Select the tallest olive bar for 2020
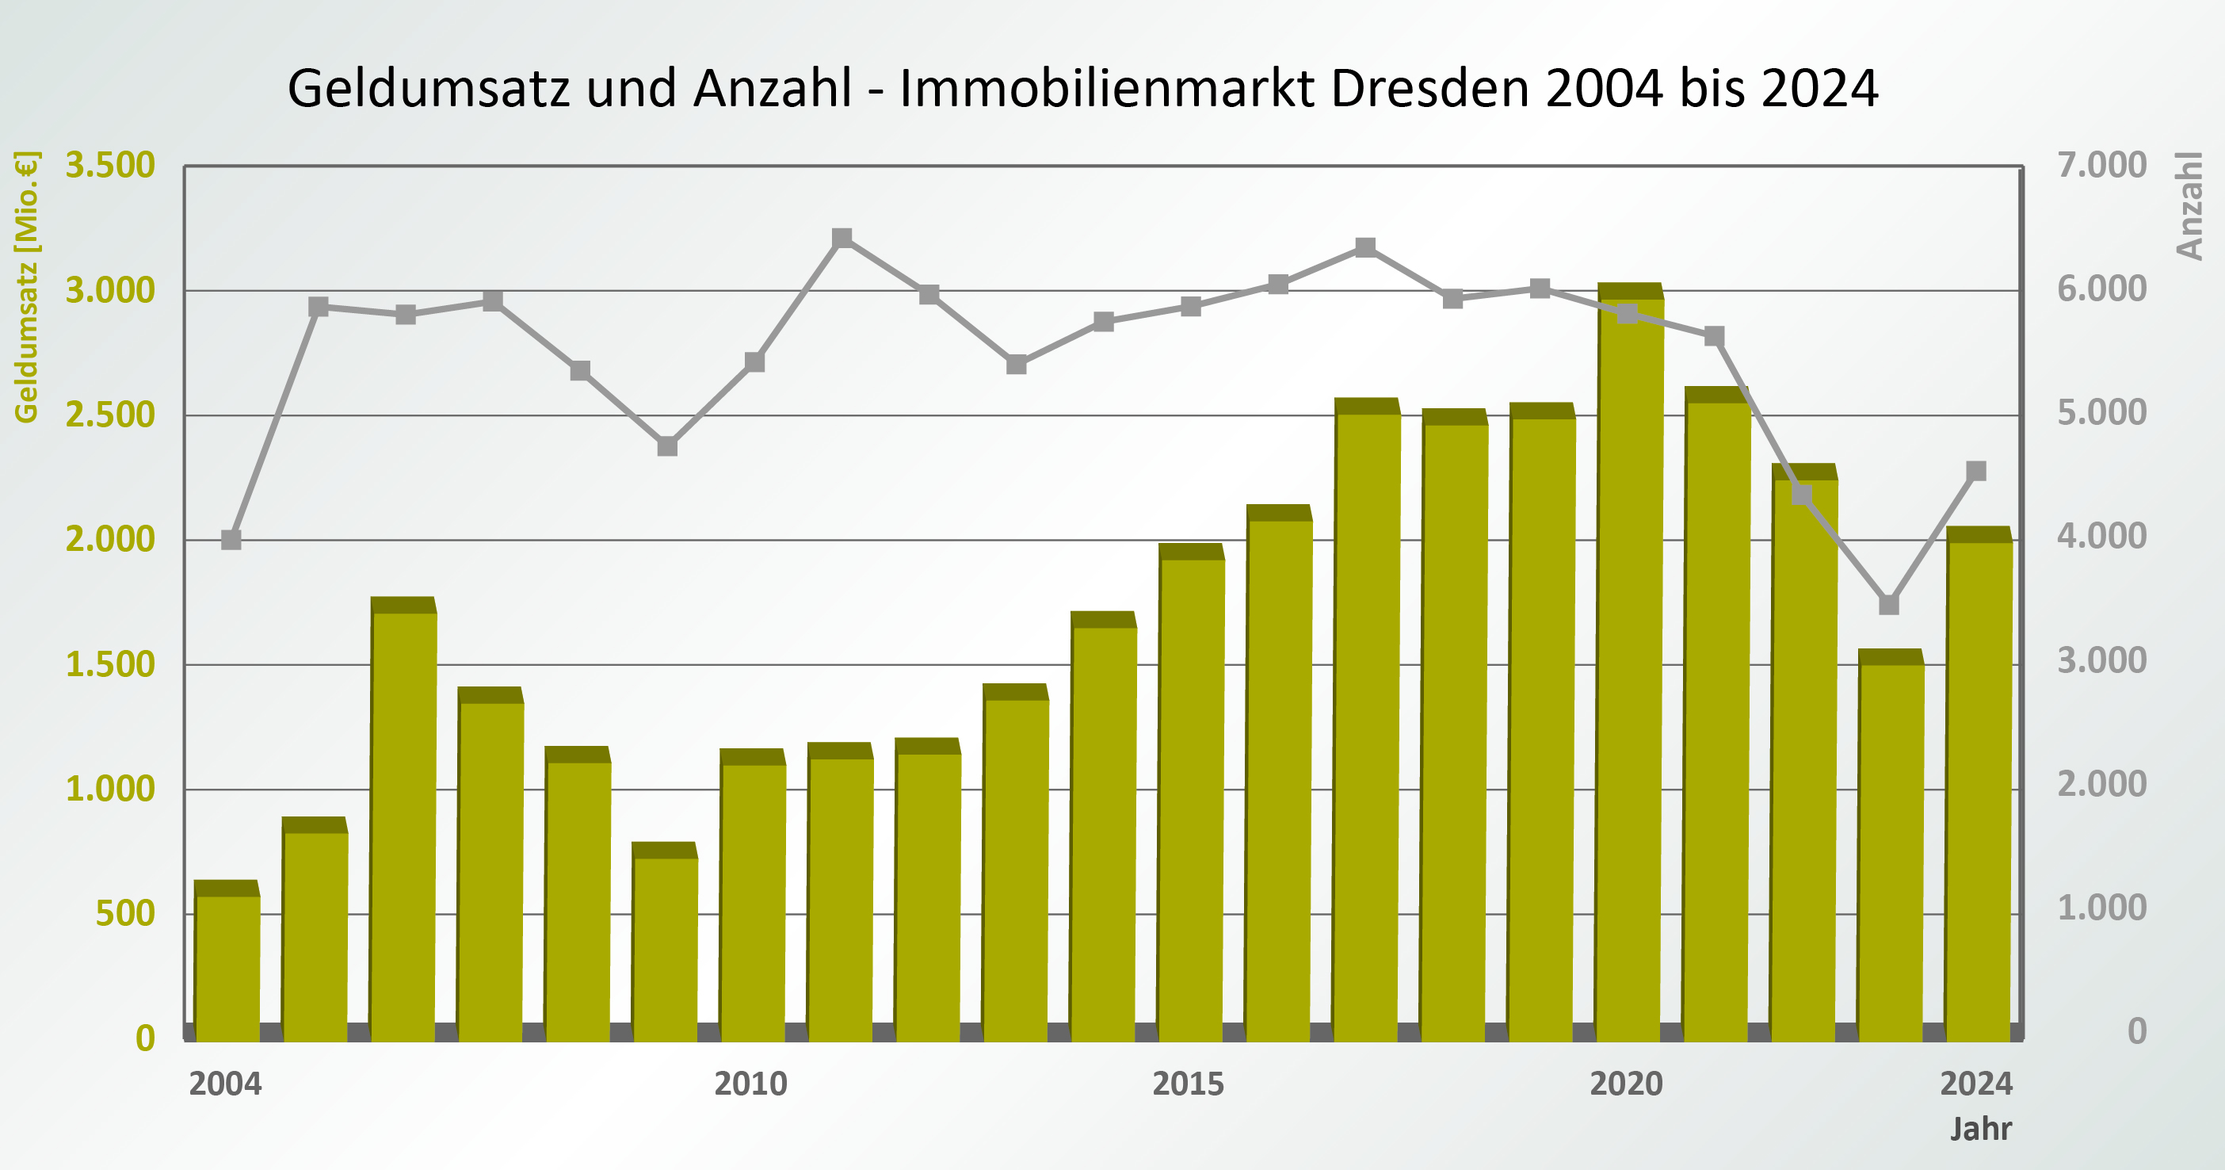1629,674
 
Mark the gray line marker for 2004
231,540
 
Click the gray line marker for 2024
1976,471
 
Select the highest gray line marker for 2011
842,239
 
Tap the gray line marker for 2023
1889,605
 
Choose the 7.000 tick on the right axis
2101,165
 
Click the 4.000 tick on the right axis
2101,537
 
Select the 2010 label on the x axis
750,1084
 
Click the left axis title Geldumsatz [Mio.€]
27,287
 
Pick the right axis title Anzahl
2189,205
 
